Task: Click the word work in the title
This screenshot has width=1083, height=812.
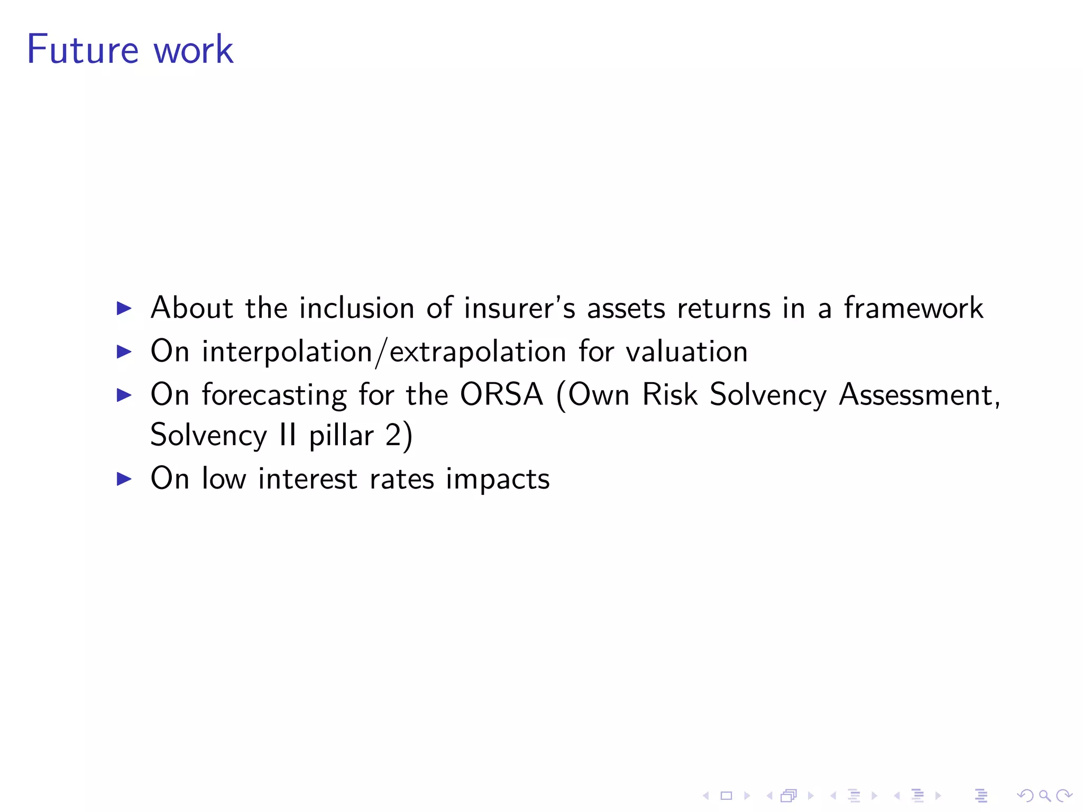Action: click(x=193, y=50)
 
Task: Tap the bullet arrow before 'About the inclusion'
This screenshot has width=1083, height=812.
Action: click(x=124, y=308)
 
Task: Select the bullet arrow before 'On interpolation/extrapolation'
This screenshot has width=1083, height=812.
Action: click(x=124, y=352)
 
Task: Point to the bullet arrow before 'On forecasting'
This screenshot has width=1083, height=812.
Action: click(x=124, y=395)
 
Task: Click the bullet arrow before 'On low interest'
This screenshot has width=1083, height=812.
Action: click(x=124, y=479)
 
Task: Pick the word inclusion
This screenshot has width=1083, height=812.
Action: click(x=356, y=308)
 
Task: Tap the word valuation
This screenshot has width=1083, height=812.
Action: click(x=687, y=352)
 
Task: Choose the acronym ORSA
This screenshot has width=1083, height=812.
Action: click(x=501, y=394)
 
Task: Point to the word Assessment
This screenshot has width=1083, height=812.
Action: click(x=919, y=395)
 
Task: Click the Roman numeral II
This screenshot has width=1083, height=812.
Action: click(x=288, y=436)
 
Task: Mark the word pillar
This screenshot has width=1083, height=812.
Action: click(x=341, y=437)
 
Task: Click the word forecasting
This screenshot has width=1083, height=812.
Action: click(x=274, y=395)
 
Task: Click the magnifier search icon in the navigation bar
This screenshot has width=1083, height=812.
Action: click(x=1044, y=796)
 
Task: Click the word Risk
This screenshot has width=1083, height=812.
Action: click(x=669, y=394)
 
